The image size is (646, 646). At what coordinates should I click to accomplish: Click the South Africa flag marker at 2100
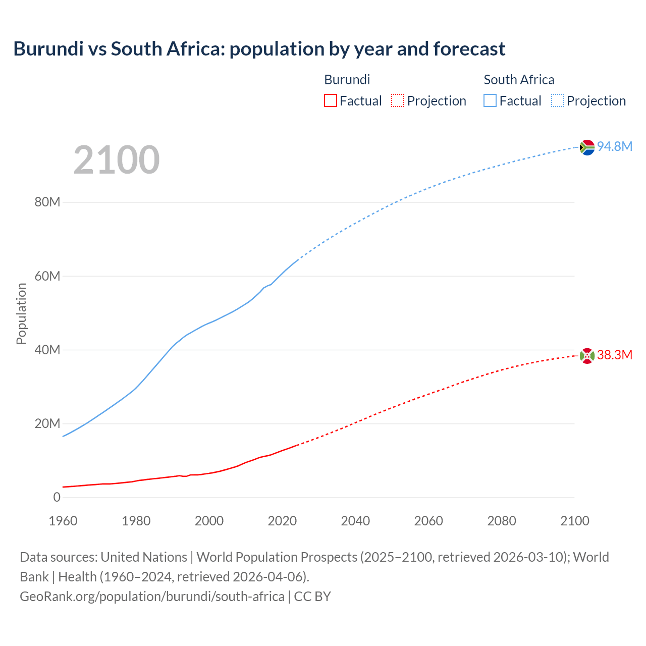click(x=587, y=147)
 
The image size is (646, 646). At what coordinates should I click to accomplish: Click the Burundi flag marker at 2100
click(x=587, y=356)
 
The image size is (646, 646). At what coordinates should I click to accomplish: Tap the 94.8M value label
click(x=615, y=146)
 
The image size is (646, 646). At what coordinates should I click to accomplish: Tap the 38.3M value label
click(x=615, y=355)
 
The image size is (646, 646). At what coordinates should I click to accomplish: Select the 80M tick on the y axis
click(x=47, y=202)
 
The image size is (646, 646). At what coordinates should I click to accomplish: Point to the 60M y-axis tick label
click(x=47, y=276)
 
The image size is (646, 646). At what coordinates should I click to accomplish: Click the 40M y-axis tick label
click(x=47, y=350)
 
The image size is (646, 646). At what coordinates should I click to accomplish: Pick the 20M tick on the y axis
click(x=47, y=423)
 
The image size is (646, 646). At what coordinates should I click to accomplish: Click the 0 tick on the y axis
click(x=57, y=497)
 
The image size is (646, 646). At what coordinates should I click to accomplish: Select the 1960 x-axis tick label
click(x=63, y=521)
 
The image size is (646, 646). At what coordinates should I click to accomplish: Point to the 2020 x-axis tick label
click(x=282, y=521)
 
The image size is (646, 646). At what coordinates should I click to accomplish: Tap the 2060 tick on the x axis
click(x=428, y=521)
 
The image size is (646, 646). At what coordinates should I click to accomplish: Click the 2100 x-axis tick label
click(x=574, y=521)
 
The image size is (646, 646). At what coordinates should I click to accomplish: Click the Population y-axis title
click(x=21, y=313)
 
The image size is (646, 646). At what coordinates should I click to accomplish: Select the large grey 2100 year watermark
click(x=117, y=160)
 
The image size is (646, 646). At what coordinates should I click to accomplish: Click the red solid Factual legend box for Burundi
click(x=331, y=101)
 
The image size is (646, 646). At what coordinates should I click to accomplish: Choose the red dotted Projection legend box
click(x=398, y=101)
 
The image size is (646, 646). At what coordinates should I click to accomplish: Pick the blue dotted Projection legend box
click(x=558, y=101)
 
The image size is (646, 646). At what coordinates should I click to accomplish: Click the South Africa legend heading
click(x=519, y=80)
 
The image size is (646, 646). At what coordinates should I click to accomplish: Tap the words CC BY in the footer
click(x=312, y=596)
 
